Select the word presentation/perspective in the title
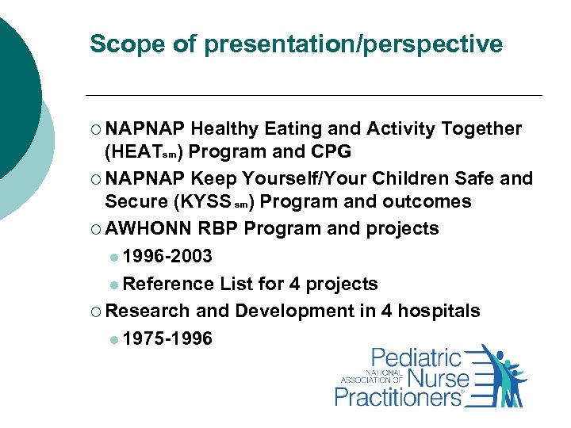point(353,44)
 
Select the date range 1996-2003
point(167,256)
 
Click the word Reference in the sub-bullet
point(169,284)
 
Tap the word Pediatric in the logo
point(416,358)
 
